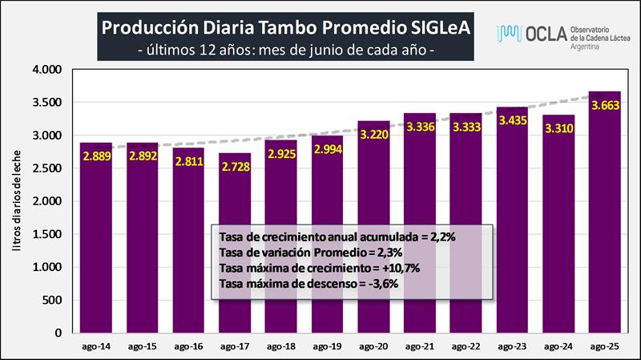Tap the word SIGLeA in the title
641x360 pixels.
[x=433, y=27]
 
